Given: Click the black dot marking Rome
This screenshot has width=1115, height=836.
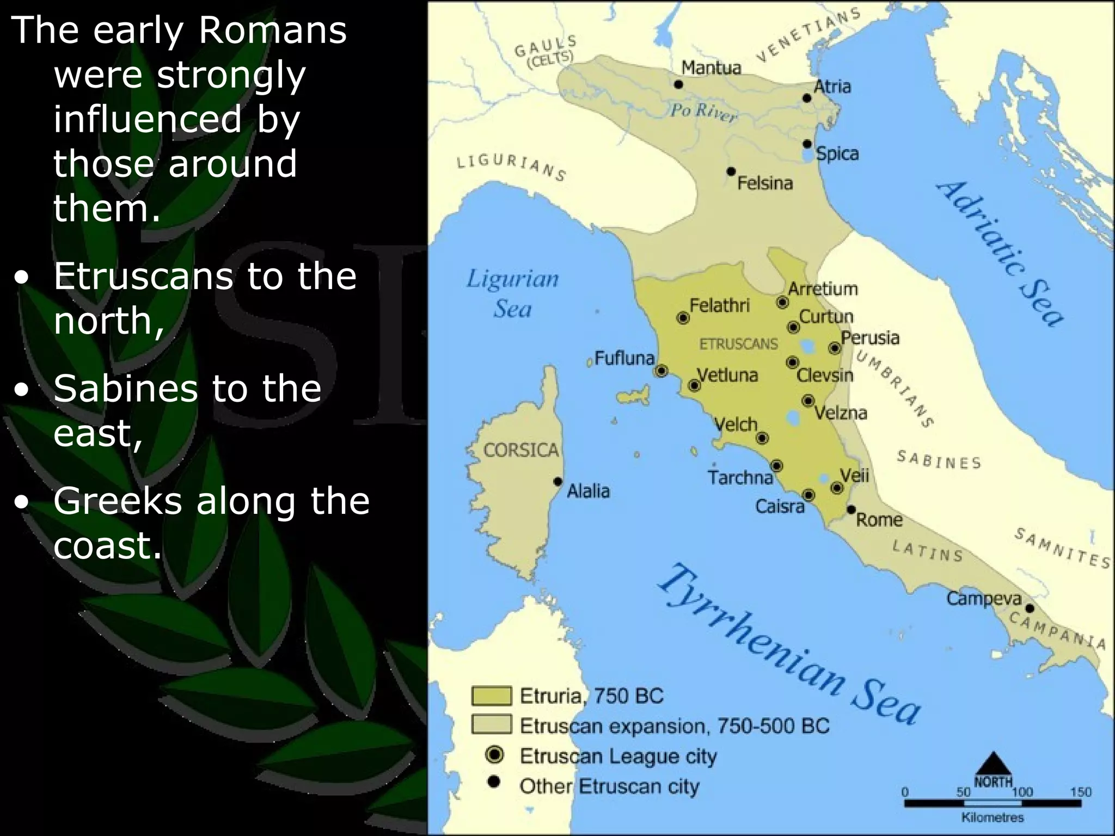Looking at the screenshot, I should [x=851, y=510].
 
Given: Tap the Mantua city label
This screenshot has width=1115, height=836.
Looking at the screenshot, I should [x=711, y=67].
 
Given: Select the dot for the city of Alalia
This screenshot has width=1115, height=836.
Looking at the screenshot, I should [x=557, y=482].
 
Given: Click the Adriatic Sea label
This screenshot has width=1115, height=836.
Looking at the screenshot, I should [x=1000, y=253].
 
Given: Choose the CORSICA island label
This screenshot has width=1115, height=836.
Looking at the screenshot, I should [x=521, y=450].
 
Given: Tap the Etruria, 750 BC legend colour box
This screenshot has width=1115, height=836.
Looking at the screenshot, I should [x=492, y=696].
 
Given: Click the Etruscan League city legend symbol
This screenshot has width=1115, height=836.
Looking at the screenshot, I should [x=495, y=755].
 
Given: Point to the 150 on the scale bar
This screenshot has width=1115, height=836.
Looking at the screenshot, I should [x=1081, y=792].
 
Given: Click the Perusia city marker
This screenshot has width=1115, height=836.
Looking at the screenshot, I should [x=834, y=348].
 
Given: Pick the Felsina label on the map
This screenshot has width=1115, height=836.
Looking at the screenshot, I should [x=765, y=183].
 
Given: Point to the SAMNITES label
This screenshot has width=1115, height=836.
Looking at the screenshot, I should [x=1062, y=548].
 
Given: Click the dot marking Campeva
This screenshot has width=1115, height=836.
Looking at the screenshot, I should [x=1030, y=608].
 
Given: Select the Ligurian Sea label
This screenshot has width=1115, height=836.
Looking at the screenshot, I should [x=512, y=293].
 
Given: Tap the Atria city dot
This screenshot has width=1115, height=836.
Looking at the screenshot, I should [x=807, y=98].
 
